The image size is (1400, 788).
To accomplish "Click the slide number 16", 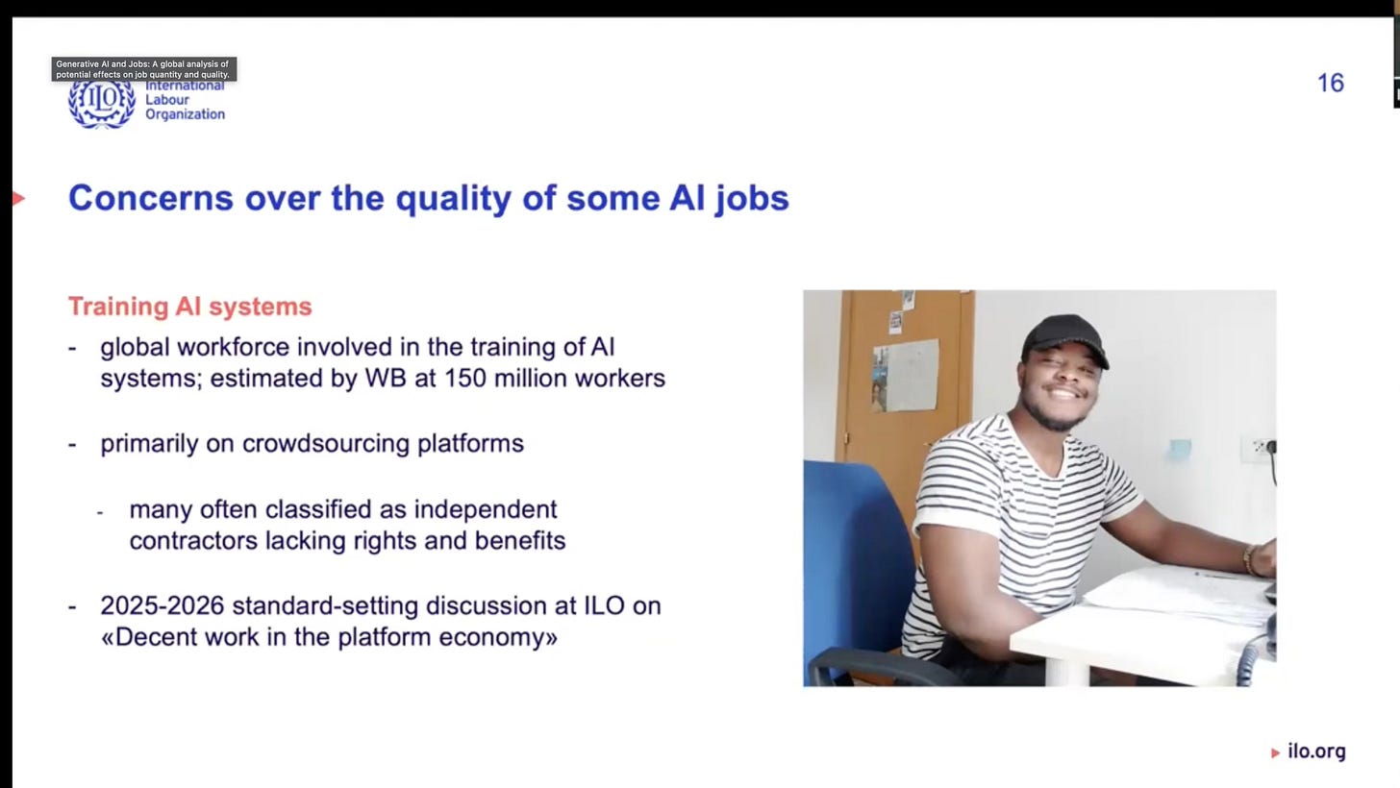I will pyautogui.click(x=1330, y=84).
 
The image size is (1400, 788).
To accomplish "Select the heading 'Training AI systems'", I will pyautogui.click(x=189, y=307).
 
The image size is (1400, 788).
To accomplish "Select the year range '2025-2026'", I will pyautogui.click(x=162, y=605).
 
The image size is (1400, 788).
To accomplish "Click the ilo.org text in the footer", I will pyautogui.click(x=1316, y=751).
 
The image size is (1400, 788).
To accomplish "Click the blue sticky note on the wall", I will pyautogui.click(x=1180, y=447).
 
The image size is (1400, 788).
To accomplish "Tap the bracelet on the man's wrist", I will pyautogui.click(x=1250, y=559).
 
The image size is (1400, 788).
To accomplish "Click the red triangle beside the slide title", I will pyautogui.click(x=18, y=199).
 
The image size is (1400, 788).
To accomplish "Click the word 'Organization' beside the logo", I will pyautogui.click(x=185, y=114).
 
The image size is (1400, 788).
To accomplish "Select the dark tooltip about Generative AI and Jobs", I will pyautogui.click(x=143, y=69).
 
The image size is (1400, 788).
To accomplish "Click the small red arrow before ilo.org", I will pyautogui.click(x=1275, y=752).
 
